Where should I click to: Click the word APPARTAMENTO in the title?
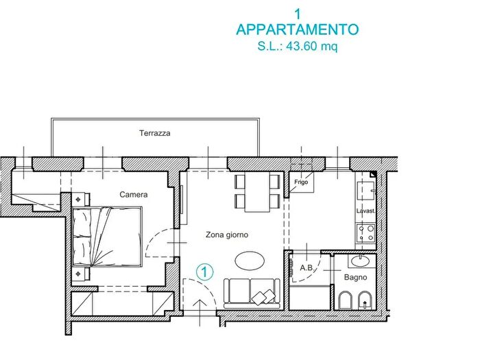coord(297,30)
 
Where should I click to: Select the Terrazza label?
coord(154,133)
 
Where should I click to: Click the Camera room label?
coord(133,195)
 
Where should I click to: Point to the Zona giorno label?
coord(227,235)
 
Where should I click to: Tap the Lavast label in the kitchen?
coord(365,211)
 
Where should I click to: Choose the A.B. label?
coord(307,268)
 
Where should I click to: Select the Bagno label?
coord(355,277)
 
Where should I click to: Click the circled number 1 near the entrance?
coord(203,272)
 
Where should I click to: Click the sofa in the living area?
coord(252,291)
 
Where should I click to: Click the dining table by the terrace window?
coord(258,192)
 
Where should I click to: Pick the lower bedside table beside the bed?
coord(82,274)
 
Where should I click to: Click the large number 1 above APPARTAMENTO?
coord(297,13)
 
